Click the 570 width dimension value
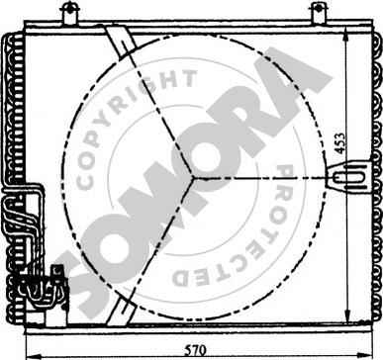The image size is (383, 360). click(x=195, y=350)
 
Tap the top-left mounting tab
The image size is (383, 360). click(x=70, y=13)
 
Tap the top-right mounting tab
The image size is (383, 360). click(x=319, y=13)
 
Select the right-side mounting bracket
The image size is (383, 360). click(x=349, y=177)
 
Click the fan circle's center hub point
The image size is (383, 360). click(x=193, y=178)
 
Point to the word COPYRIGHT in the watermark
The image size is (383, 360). click(x=132, y=122)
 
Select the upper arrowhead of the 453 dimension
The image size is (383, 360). click(x=345, y=34)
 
